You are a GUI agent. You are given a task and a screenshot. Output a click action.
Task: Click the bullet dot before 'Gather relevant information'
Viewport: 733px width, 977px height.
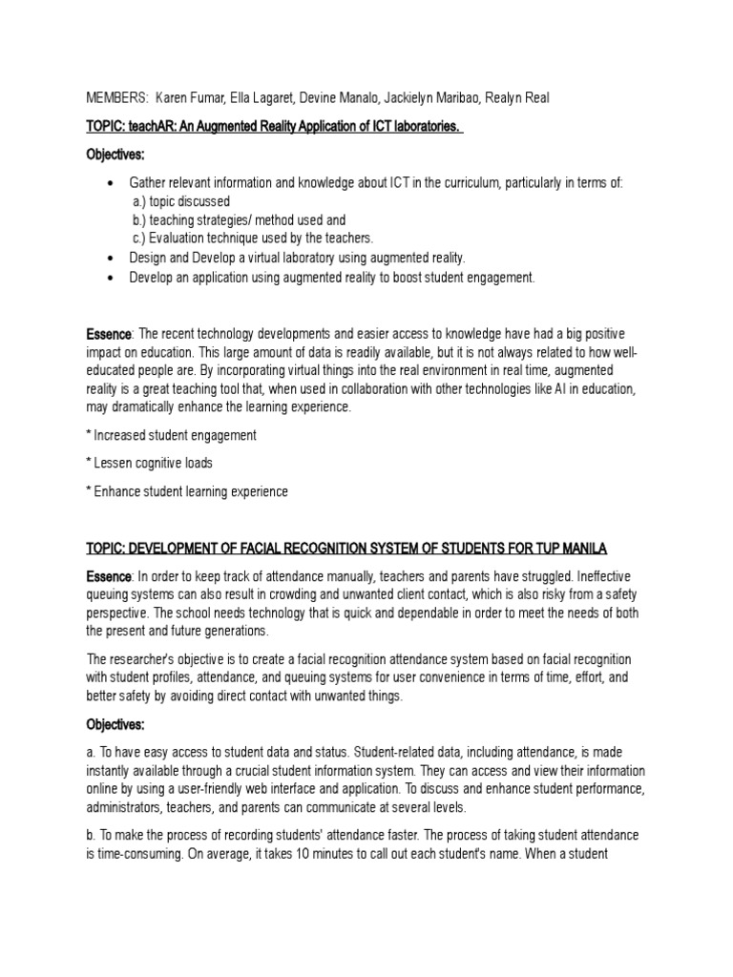[112, 183]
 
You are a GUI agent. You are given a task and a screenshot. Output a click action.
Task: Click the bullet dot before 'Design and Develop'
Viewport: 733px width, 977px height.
[112, 259]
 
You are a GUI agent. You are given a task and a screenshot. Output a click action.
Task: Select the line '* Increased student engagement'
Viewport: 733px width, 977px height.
[171, 434]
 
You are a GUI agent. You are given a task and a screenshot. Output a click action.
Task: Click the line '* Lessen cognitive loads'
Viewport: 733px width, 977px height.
[149, 463]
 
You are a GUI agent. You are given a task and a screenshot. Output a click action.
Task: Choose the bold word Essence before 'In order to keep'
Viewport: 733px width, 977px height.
[109, 576]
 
